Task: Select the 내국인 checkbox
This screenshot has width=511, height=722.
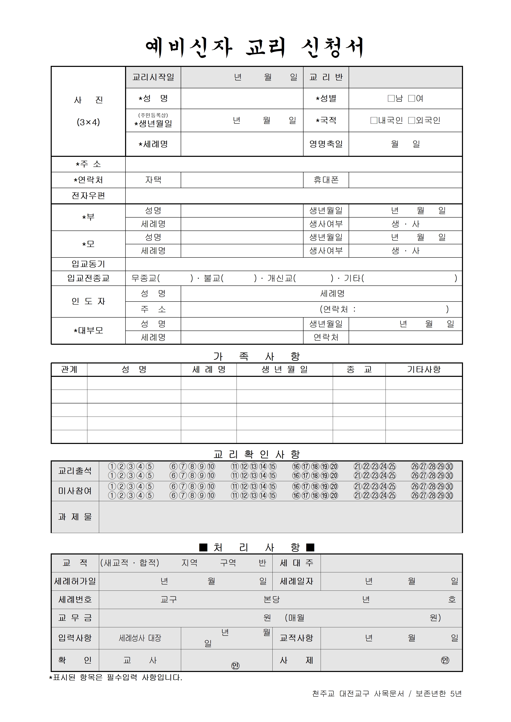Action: [374, 120]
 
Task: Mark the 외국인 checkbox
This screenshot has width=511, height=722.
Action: [411, 120]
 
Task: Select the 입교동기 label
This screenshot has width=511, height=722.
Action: [88, 264]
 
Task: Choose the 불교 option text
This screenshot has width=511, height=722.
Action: [212, 278]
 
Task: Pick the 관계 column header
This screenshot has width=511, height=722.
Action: [69, 369]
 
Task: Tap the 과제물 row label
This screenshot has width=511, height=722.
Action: [75, 517]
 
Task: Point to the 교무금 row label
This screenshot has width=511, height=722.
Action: [75, 618]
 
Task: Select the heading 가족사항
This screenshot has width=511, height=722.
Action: [256, 356]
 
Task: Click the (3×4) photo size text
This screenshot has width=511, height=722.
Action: [88, 122]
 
